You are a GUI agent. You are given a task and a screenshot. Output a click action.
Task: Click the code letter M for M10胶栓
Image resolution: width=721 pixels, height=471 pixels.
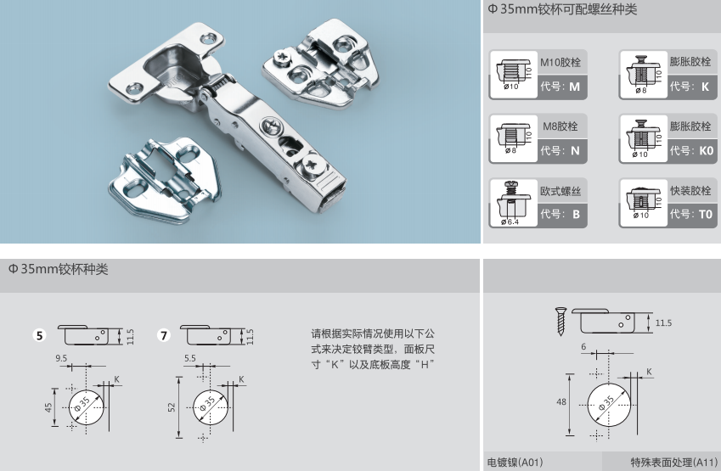[x=574, y=87]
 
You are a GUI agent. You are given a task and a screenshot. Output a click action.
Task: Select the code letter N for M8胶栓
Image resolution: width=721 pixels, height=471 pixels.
[x=575, y=151]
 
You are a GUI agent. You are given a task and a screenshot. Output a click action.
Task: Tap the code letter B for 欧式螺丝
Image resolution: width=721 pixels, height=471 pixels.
[x=576, y=214]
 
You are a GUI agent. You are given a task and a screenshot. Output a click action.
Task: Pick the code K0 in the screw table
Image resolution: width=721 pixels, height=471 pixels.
[x=706, y=151]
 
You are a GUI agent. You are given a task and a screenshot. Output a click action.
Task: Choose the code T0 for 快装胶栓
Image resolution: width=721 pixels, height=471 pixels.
[x=706, y=214]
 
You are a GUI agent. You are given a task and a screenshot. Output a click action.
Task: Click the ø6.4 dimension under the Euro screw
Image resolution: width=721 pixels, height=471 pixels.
[x=510, y=222]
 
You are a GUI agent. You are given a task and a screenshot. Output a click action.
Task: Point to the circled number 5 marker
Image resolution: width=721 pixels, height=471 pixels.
[x=40, y=335]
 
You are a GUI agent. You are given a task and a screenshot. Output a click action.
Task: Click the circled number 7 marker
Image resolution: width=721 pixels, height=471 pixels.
[x=164, y=335]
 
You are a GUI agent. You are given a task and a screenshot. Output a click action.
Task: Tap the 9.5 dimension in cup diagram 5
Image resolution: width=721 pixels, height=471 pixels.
[x=61, y=358]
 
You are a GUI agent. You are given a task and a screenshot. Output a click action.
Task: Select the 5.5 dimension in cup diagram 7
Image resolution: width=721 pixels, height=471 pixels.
[x=190, y=358]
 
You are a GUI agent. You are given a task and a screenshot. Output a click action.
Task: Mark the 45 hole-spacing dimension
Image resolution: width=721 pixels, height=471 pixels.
[x=48, y=407]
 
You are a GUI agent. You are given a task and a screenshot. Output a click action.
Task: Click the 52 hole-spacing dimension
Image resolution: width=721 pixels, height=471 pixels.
[x=172, y=407]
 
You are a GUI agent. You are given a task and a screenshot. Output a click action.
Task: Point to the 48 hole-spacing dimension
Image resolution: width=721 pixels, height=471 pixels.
[x=561, y=402]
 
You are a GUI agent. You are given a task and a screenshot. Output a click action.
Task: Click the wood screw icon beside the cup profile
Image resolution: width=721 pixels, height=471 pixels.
[x=560, y=321]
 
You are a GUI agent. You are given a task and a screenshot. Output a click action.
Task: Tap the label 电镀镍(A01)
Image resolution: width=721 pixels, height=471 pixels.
[x=515, y=463]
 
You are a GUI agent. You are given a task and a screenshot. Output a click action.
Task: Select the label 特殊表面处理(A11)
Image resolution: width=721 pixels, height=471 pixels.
[x=673, y=463]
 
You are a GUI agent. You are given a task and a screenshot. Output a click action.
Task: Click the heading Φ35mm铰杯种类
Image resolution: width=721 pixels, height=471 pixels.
[x=58, y=269]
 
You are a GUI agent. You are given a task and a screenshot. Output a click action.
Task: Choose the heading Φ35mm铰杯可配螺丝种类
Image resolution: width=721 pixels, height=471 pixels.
[x=562, y=9]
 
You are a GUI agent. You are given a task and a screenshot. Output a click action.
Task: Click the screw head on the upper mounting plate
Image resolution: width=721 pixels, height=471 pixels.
[x=280, y=59]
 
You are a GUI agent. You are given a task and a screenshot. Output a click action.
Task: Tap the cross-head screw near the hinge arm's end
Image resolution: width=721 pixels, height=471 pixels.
[x=311, y=164]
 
